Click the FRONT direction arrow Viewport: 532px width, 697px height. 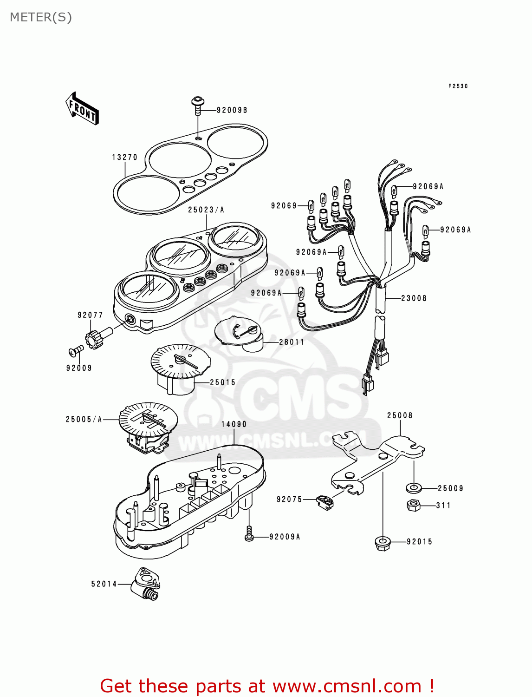(82, 109)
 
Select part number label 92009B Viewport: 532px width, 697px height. (232, 110)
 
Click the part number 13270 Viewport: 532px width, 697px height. (124, 157)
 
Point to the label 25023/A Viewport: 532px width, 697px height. (206, 210)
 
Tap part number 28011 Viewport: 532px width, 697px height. (292, 342)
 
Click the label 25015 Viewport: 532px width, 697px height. (223, 382)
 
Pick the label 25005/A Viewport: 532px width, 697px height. (84, 420)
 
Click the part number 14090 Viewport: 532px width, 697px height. (234, 424)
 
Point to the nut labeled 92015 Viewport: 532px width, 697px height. (382, 543)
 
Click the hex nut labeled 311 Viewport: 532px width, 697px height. (413, 506)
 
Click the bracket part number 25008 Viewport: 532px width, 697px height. (400, 415)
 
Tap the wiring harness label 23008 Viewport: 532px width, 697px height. (414, 298)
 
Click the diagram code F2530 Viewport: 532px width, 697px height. (458, 86)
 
